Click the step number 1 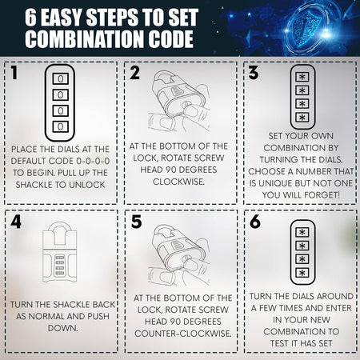pyautogui.click(x=14, y=73)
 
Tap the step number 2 pyautogui.click(x=134, y=73)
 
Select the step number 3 pyautogui.click(x=254, y=73)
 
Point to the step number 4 pyautogui.click(x=16, y=222)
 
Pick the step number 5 pyautogui.click(x=136, y=222)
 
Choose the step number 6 pyautogui.click(x=255, y=222)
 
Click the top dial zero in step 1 pyautogui.click(x=61, y=79)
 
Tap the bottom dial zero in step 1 pyautogui.click(x=61, y=126)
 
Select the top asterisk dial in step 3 pyautogui.click(x=302, y=77)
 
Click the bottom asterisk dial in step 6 pyautogui.click(x=302, y=273)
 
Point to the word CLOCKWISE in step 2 pyautogui.click(x=178, y=182)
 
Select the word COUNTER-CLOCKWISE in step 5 pyautogui.click(x=183, y=334)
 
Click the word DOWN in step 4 pyautogui.click(x=63, y=328)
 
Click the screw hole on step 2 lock pyautogui.click(x=187, y=105)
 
